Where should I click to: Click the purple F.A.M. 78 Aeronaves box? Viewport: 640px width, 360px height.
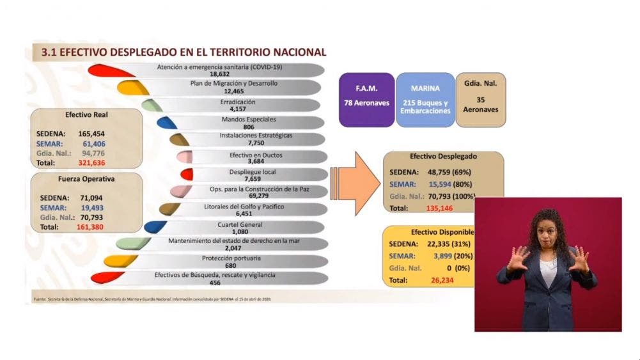pos(366,99)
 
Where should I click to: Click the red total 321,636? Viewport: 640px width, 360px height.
pos(92,163)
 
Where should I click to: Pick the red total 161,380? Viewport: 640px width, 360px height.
pos(92,226)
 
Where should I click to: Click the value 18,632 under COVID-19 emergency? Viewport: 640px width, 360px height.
pos(224,75)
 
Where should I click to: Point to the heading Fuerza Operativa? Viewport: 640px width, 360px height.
pos(86,179)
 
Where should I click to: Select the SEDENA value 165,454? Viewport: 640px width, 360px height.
pos(92,134)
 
